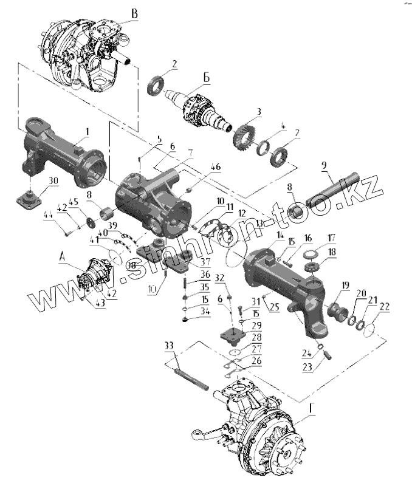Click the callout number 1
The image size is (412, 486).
[86, 131]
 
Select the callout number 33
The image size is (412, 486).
[168, 346]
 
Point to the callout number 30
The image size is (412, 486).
[53, 180]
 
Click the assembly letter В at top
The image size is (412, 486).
[135, 14]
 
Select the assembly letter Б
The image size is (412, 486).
[207, 77]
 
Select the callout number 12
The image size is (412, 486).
[242, 214]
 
